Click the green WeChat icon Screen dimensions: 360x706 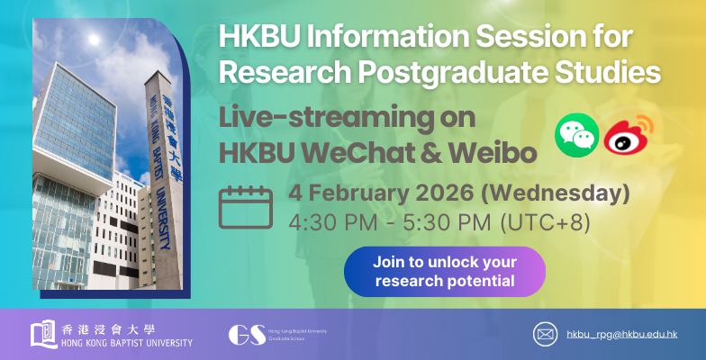(x=575, y=135)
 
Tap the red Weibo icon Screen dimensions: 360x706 (x=628, y=136)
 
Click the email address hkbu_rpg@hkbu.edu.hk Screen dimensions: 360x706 (x=622, y=334)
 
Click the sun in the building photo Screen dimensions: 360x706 (x=93, y=40)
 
